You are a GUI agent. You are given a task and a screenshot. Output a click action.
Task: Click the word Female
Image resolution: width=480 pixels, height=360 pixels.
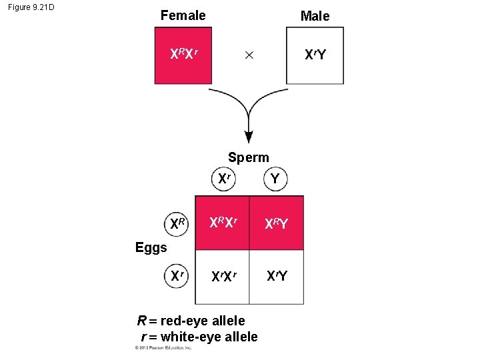183,15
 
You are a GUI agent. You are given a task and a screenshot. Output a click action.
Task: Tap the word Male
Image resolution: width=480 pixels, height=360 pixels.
315,16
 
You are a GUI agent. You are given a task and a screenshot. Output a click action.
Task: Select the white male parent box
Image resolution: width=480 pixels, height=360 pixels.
315,55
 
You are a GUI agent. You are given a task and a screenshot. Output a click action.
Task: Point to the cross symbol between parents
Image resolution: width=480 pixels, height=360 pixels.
249,55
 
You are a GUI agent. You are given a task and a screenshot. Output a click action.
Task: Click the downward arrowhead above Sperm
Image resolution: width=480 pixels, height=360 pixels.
249,136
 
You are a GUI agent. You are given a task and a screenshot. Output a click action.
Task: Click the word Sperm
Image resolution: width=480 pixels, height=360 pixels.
248,158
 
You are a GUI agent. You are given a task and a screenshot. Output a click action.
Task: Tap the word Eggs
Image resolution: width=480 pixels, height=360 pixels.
151,248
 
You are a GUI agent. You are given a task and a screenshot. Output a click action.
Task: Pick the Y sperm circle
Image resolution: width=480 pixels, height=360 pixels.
274,179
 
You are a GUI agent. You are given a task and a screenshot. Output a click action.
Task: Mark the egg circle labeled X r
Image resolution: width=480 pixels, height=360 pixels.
177,275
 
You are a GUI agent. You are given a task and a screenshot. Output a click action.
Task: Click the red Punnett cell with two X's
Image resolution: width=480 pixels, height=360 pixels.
222,223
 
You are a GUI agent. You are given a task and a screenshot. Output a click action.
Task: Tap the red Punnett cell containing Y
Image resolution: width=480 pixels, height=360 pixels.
277,223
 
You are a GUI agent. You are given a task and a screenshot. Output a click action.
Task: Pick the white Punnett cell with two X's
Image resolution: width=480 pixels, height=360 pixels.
222,275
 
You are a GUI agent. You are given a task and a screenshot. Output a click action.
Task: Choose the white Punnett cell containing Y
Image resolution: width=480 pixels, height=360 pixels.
277,275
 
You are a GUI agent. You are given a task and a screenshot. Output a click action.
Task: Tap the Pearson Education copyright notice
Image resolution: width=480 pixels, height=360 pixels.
163,348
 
